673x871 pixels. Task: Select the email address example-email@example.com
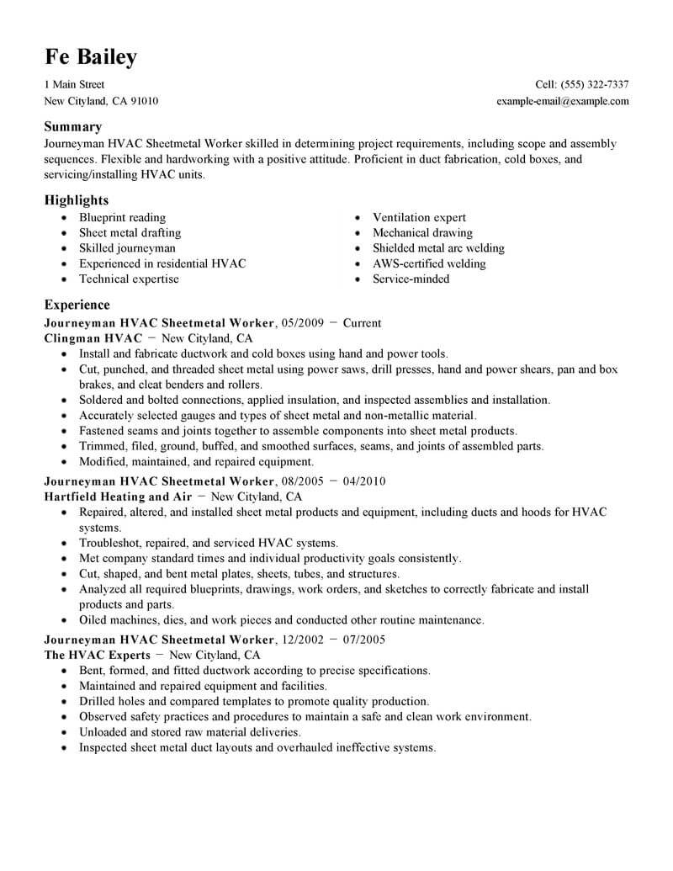(x=563, y=101)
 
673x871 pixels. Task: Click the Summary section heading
(x=73, y=127)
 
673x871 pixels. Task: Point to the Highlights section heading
(x=77, y=200)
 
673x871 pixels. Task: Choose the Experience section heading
(x=77, y=305)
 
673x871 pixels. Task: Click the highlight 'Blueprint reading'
(x=122, y=218)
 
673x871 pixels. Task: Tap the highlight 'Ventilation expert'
(x=419, y=218)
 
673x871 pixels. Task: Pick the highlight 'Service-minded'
(x=411, y=279)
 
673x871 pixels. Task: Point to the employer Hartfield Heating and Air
(x=118, y=497)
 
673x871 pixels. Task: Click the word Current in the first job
(x=362, y=323)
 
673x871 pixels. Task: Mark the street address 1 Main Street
(x=74, y=85)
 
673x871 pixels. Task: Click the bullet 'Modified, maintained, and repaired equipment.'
(x=196, y=462)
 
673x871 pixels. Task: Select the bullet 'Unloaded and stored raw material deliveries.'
(x=189, y=733)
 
